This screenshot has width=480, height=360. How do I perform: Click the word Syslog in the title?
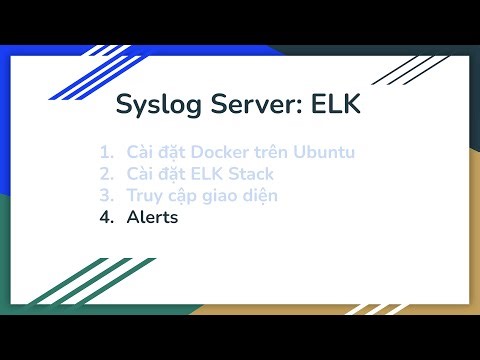pos(153,105)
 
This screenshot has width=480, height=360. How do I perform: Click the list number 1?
pos(106,153)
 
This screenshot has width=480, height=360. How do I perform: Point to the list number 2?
pos(106,174)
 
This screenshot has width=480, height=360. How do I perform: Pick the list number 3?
pos(106,195)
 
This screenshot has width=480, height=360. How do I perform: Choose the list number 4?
pos(106,216)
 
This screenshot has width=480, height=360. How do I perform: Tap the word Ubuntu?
pos(325,153)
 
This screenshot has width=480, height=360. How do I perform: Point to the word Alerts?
pos(152,216)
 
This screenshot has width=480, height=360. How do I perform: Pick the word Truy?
pos(144,195)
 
